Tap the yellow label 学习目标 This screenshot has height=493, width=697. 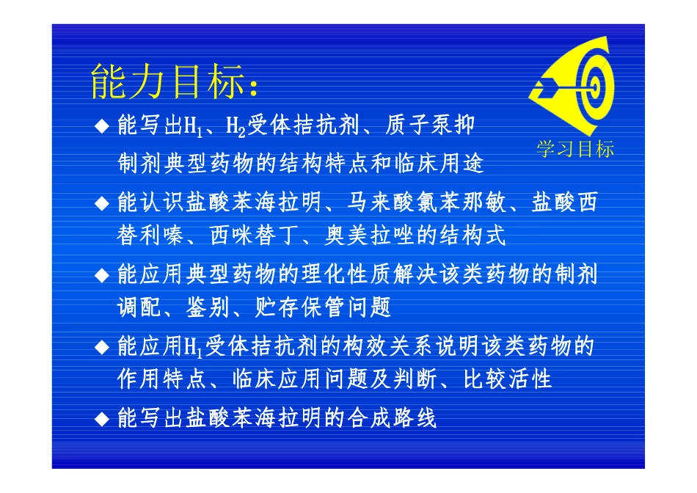click(x=576, y=150)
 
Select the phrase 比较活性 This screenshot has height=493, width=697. click(x=507, y=379)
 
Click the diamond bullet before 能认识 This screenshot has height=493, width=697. click(x=103, y=201)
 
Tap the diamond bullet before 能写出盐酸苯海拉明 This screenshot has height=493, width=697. click(x=103, y=419)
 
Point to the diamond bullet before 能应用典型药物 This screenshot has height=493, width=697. click(x=103, y=275)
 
